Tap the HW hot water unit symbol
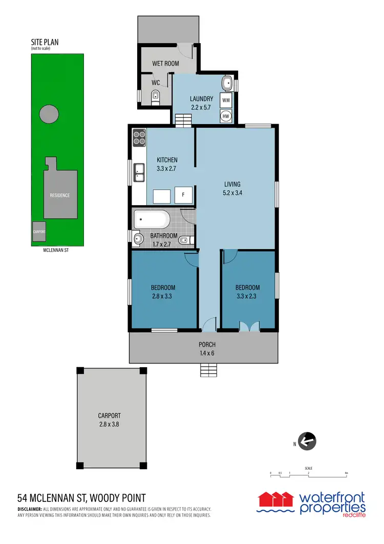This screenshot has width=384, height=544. click(x=226, y=116)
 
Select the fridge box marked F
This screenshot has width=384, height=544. click(x=183, y=195)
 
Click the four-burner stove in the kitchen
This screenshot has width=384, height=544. click(x=139, y=137)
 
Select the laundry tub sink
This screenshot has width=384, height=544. click(x=227, y=83)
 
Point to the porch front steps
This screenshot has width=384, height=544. click(x=208, y=370)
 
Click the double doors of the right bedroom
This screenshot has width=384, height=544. click(x=249, y=326)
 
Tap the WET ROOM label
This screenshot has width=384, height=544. click(x=165, y=64)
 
